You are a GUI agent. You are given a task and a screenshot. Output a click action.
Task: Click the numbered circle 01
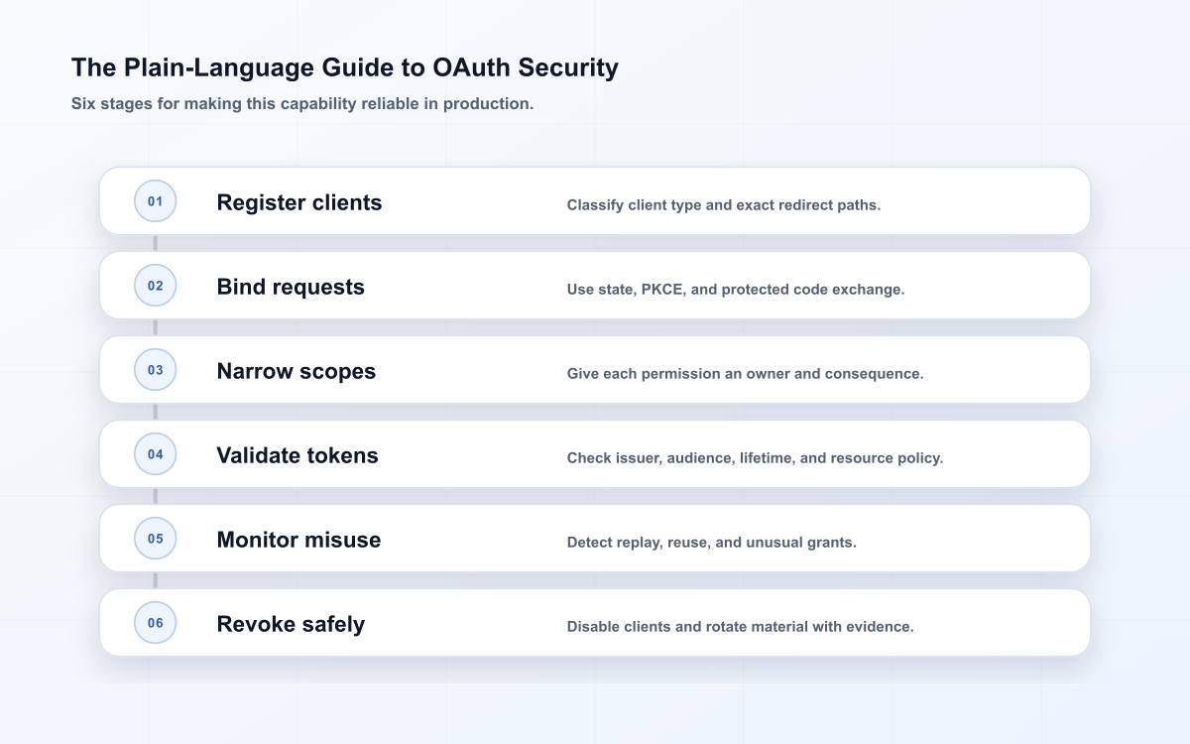point(155,200)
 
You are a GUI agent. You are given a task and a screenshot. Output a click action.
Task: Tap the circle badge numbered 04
point(155,454)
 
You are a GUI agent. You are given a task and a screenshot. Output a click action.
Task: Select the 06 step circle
point(155,622)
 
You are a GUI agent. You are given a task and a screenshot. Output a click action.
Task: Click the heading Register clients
point(299,202)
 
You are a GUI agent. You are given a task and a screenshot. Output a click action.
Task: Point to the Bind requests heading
point(291,287)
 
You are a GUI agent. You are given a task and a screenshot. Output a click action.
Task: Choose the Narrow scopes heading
point(296,371)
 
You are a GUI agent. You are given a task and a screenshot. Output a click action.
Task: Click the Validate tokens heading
point(297,455)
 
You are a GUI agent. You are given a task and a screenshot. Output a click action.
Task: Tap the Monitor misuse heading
point(298,540)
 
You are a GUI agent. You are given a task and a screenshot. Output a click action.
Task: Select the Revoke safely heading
point(291,624)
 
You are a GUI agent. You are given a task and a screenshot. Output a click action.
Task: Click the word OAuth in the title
point(471,67)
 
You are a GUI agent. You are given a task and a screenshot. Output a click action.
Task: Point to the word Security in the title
point(568,68)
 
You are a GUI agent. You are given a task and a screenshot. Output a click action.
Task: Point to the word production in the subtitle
point(488,103)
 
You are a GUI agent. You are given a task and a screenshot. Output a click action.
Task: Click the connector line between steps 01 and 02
point(155,243)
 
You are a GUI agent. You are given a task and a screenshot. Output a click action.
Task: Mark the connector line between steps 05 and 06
point(155,580)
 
